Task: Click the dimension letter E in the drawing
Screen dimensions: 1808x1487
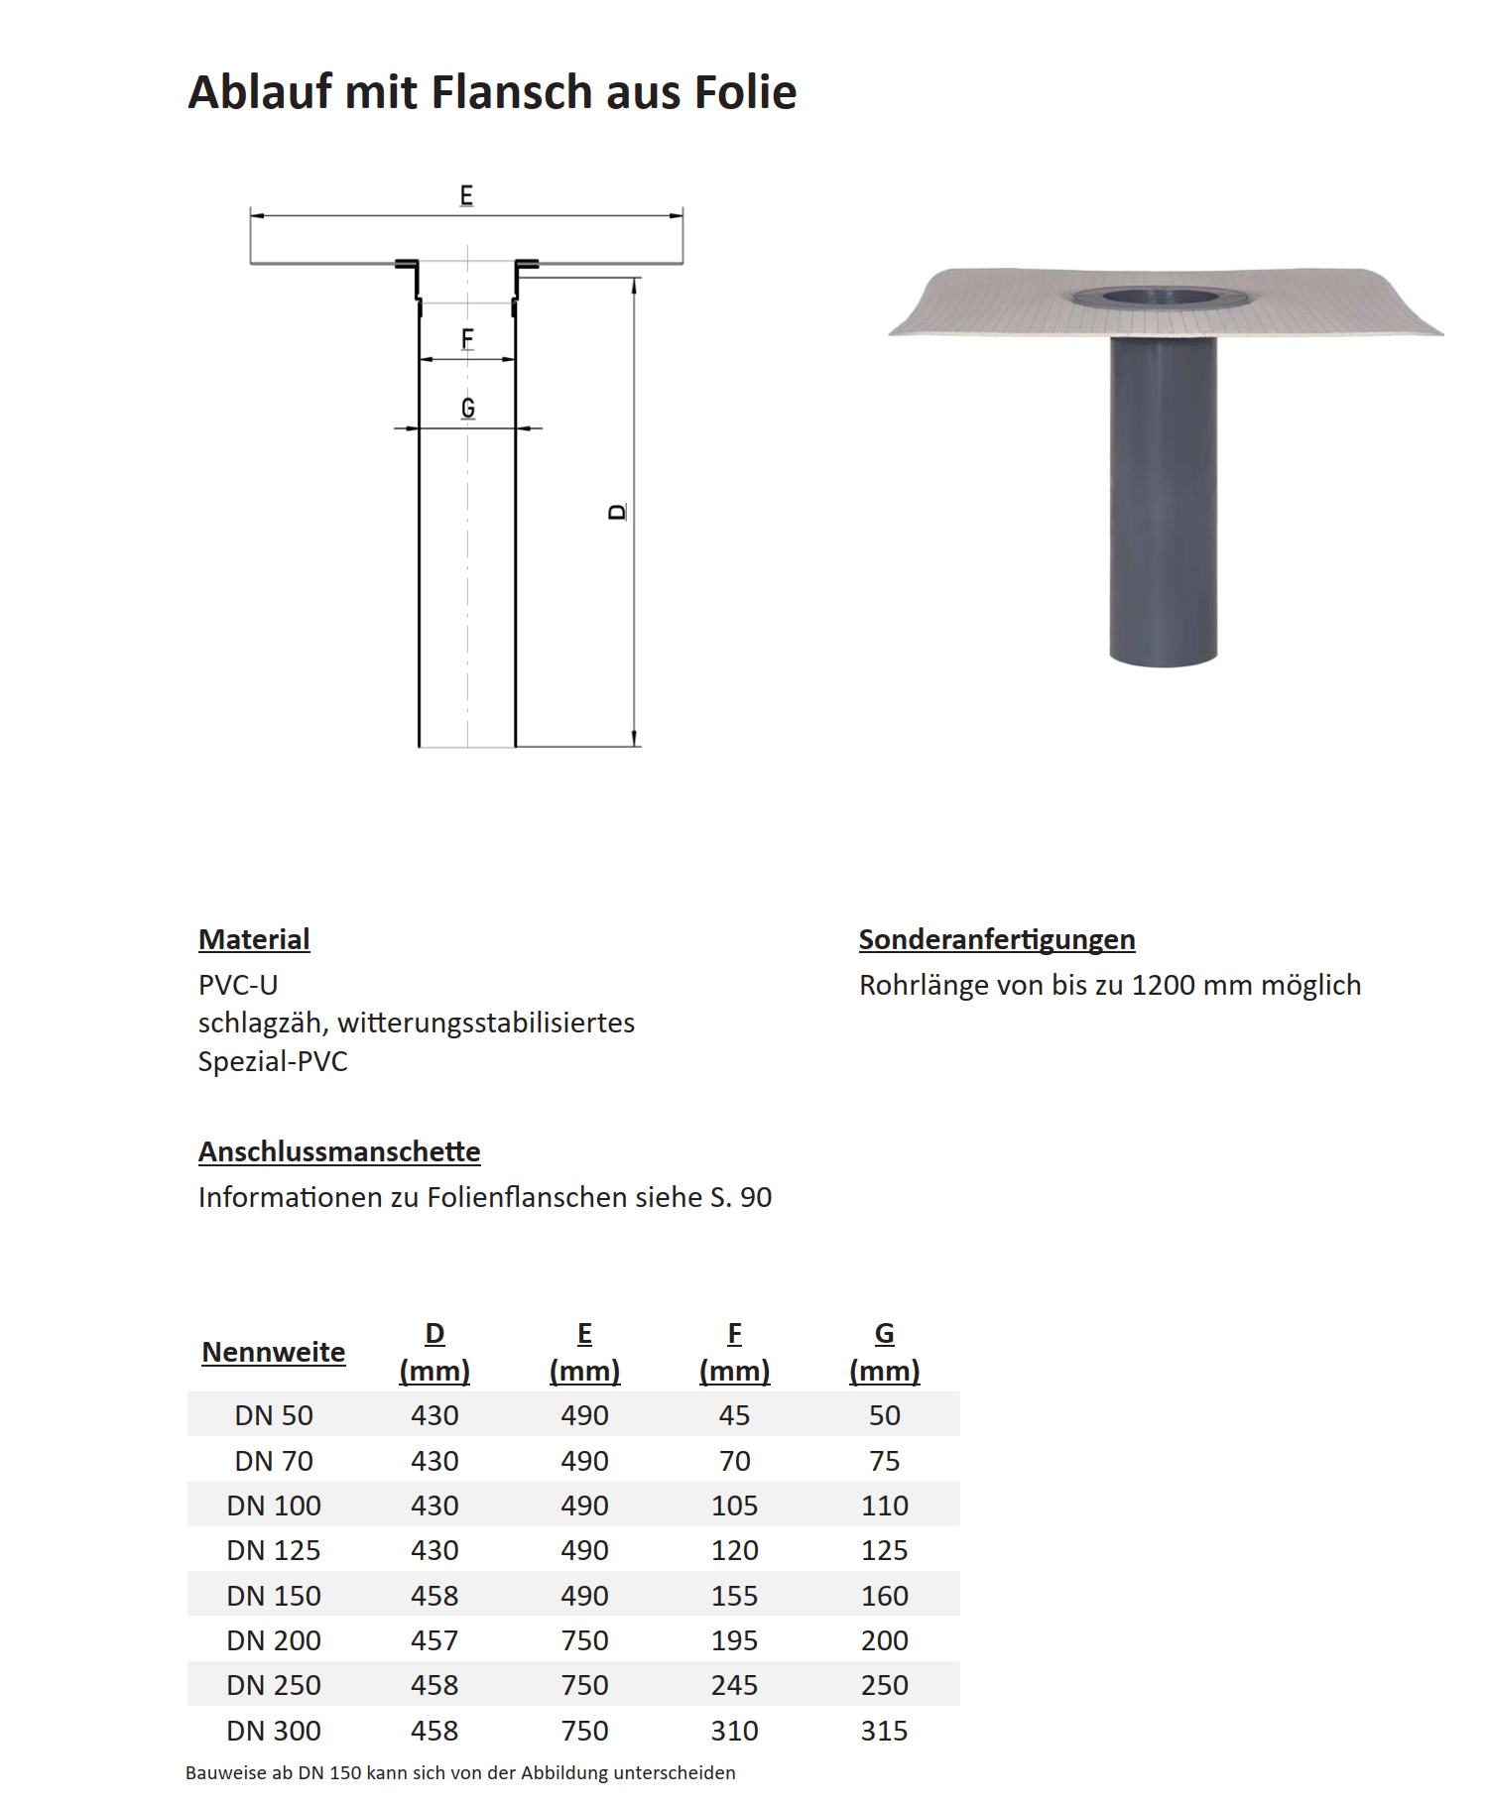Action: tap(466, 195)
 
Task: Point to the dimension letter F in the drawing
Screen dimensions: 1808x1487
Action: tap(467, 339)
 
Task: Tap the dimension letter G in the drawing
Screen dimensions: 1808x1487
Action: tap(467, 408)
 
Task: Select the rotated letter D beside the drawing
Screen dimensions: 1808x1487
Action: tap(618, 512)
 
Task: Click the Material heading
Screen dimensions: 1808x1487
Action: tap(254, 939)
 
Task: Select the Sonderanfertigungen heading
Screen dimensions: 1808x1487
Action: tap(996, 939)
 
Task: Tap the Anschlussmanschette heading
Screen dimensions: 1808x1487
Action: tap(339, 1151)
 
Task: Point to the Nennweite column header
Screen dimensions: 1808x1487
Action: tap(274, 1352)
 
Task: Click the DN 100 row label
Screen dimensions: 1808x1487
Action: tap(274, 1506)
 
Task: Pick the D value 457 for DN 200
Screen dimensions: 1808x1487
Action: tap(434, 1640)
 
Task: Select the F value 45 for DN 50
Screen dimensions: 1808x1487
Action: tap(734, 1415)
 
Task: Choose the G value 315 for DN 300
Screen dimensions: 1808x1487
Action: tap(884, 1731)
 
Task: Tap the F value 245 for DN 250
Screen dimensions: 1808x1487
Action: tap(734, 1685)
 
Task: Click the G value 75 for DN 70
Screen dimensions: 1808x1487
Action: tap(884, 1461)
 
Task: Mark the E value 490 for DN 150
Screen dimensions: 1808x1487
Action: tap(584, 1596)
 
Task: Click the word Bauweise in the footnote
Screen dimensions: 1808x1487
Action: tap(223, 1773)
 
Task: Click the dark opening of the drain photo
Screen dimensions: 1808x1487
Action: tap(1163, 296)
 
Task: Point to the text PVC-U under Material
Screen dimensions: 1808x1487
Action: tap(238, 986)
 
